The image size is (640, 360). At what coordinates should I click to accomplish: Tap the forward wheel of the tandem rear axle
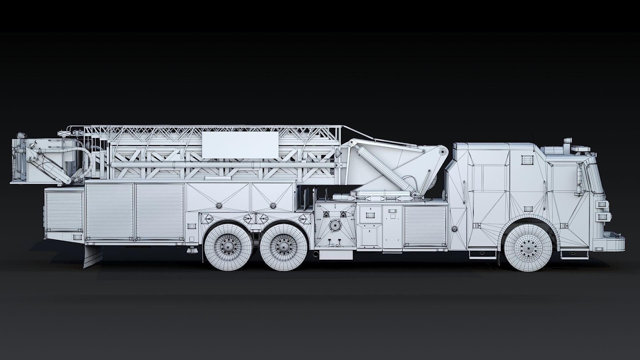pos(283,247)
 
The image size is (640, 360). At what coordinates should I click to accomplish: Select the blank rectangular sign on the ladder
pos(240,145)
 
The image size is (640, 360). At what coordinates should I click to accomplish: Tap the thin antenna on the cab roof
pos(532,137)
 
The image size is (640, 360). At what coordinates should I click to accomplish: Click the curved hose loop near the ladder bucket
pos(85,163)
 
